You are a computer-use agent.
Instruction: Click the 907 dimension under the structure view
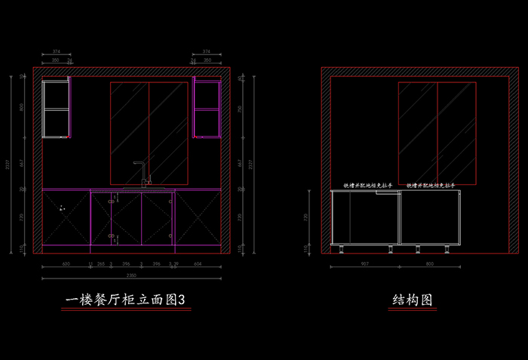pyautogui.click(x=365, y=264)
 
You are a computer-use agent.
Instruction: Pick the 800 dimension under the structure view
pyautogui.click(x=430, y=264)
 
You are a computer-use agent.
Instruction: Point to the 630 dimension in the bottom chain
pyautogui.click(x=66, y=264)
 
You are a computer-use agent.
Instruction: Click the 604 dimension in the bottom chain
pyautogui.click(x=198, y=264)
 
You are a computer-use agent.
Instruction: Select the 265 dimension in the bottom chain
pyautogui.click(x=101, y=264)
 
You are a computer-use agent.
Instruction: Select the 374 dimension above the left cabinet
pyautogui.click(x=57, y=51)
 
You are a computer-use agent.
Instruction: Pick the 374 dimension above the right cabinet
pyautogui.click(x=207, y=51)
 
